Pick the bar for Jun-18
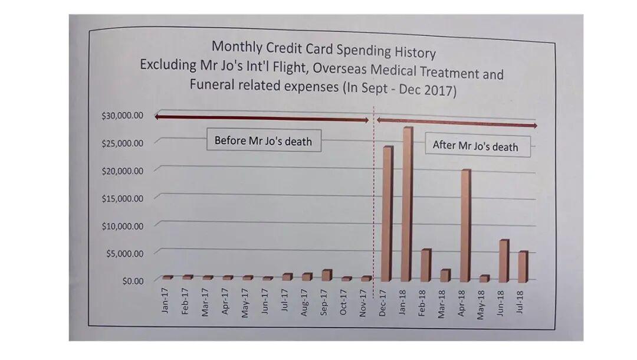[503, 260]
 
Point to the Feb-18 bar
[425, 265]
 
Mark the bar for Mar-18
[445, 275]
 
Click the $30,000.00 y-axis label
[123, 115]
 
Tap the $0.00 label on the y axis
[133, 280]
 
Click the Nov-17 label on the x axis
[364, 302]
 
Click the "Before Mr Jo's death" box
[263, 141]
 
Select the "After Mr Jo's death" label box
[475, 145]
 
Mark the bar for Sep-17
[327, 275]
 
